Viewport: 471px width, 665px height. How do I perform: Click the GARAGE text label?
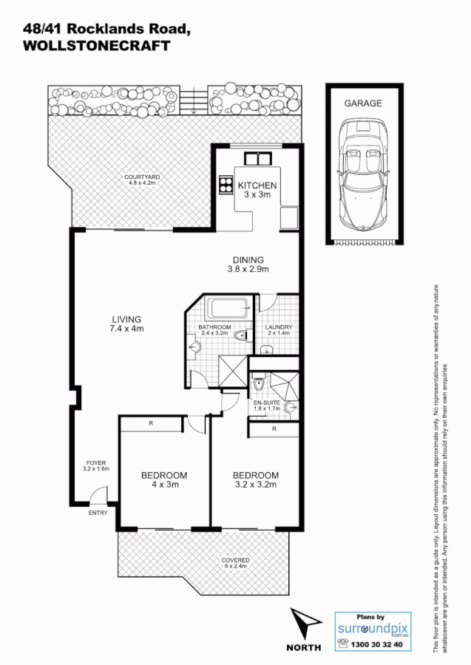pyautogui.click(x=362, y=103)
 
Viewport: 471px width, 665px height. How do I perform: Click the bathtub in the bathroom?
pyautogui.click(x=228, y=310)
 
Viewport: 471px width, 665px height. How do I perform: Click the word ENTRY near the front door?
pyautogui.click(x=98, y=513)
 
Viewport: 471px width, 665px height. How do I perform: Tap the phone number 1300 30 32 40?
pyautogui.click(x=379, y=644)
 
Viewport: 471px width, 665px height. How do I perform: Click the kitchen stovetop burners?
pyautogui.click(x=224, y=185)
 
